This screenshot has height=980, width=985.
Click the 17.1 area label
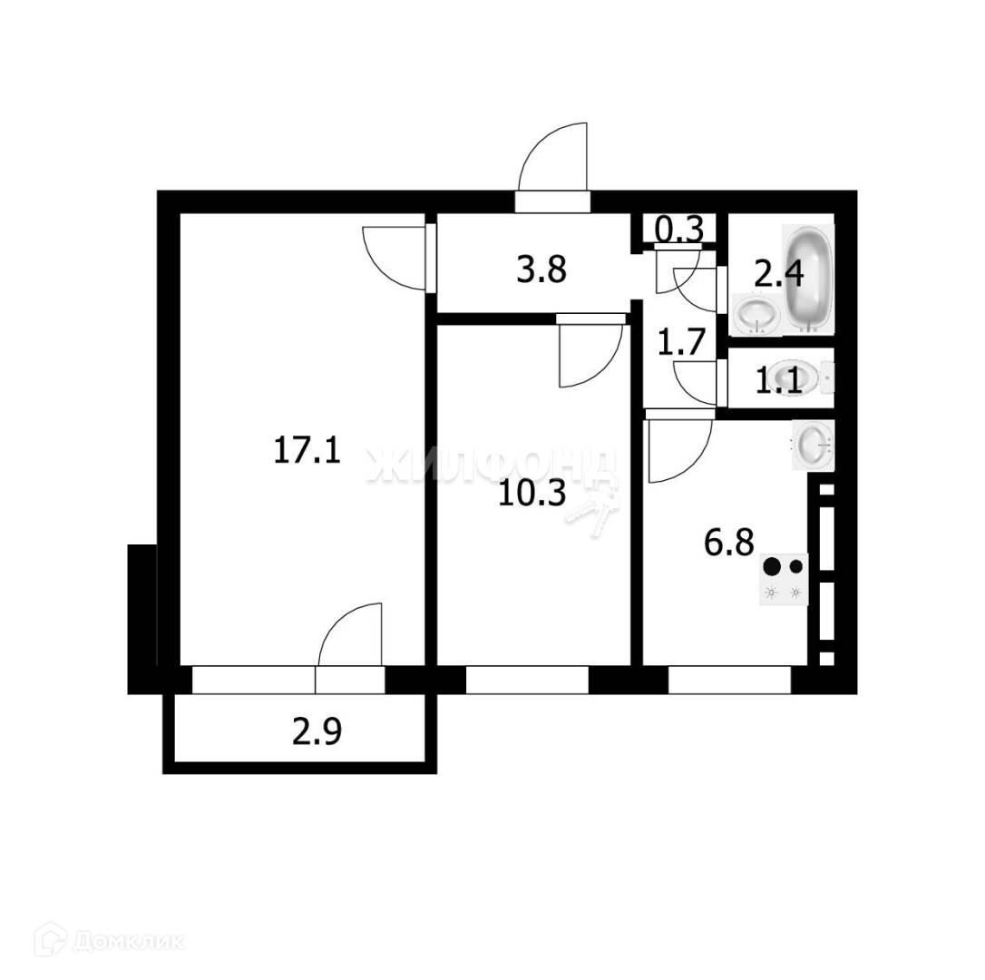307,450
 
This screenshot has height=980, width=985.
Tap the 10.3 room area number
533,494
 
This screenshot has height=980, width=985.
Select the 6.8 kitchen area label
729,544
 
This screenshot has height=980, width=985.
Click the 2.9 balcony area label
317,731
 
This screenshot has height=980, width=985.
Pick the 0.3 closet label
679,230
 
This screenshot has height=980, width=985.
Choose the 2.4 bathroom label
778,272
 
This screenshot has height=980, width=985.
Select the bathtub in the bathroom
808,277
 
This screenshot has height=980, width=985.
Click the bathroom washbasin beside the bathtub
756,315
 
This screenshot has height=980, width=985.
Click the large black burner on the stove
772,567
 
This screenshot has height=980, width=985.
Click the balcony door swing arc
349,635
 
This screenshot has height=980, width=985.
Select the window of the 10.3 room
527,681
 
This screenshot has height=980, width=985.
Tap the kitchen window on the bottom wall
729,681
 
